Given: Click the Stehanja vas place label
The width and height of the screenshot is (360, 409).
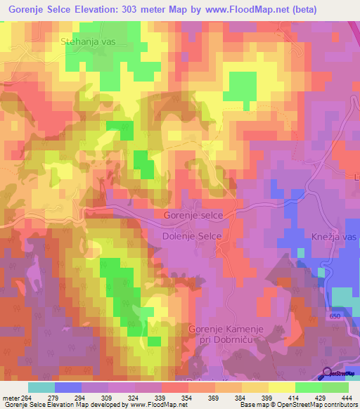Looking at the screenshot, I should [x=88, y=41].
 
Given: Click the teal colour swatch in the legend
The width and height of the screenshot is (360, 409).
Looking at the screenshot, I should [x=41, y=387].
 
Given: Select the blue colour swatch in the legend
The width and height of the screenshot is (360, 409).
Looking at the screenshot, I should [x=68, y=387].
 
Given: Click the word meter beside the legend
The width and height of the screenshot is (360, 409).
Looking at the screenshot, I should [x=11, y=398].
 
